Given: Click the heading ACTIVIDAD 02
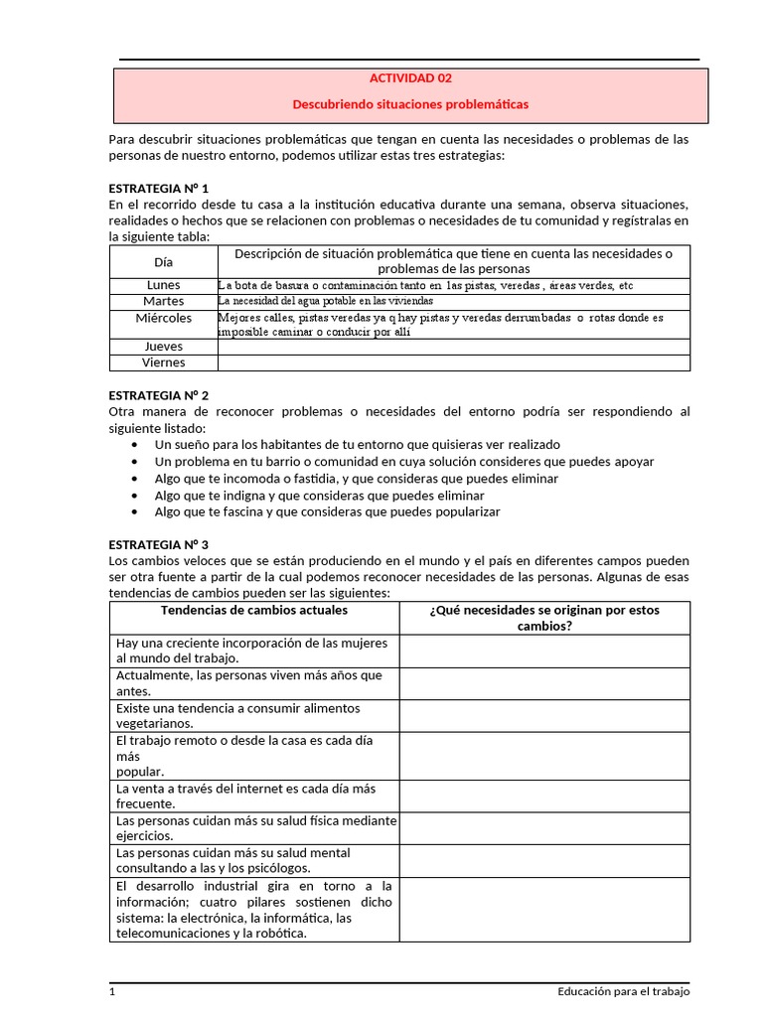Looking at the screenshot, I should (x=410, y=77).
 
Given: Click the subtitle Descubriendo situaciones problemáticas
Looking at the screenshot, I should (x=410, y=103).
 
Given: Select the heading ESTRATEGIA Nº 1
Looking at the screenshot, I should (x=158, y=187).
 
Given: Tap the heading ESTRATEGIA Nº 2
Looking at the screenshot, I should (x=158, y=394).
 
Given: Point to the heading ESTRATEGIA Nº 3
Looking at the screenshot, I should (x=158, y=544).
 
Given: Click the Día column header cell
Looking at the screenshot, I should (x=163, y=262).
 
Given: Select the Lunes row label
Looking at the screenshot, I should (x=163, y=285).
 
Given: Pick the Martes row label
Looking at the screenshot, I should (x=163, y=301).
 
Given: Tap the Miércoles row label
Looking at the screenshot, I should (x=163, y=318).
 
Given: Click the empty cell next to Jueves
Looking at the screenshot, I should (x=453, y=347).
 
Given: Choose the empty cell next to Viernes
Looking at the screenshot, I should (x=453, y=363).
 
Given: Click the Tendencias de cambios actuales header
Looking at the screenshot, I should (x=254, y=610).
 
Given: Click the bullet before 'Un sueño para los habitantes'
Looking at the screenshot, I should (x=134, y=445).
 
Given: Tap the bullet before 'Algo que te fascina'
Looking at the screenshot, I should (x=134, y=512).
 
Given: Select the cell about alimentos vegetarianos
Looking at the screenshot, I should (x=254, y=716).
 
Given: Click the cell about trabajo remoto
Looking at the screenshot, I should (x=254, y=756).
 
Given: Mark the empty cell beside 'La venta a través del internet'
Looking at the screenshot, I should (x=544, y=796).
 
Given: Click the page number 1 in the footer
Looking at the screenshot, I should (x=112, y=991).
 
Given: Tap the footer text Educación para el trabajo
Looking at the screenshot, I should (x=623, y=991).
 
